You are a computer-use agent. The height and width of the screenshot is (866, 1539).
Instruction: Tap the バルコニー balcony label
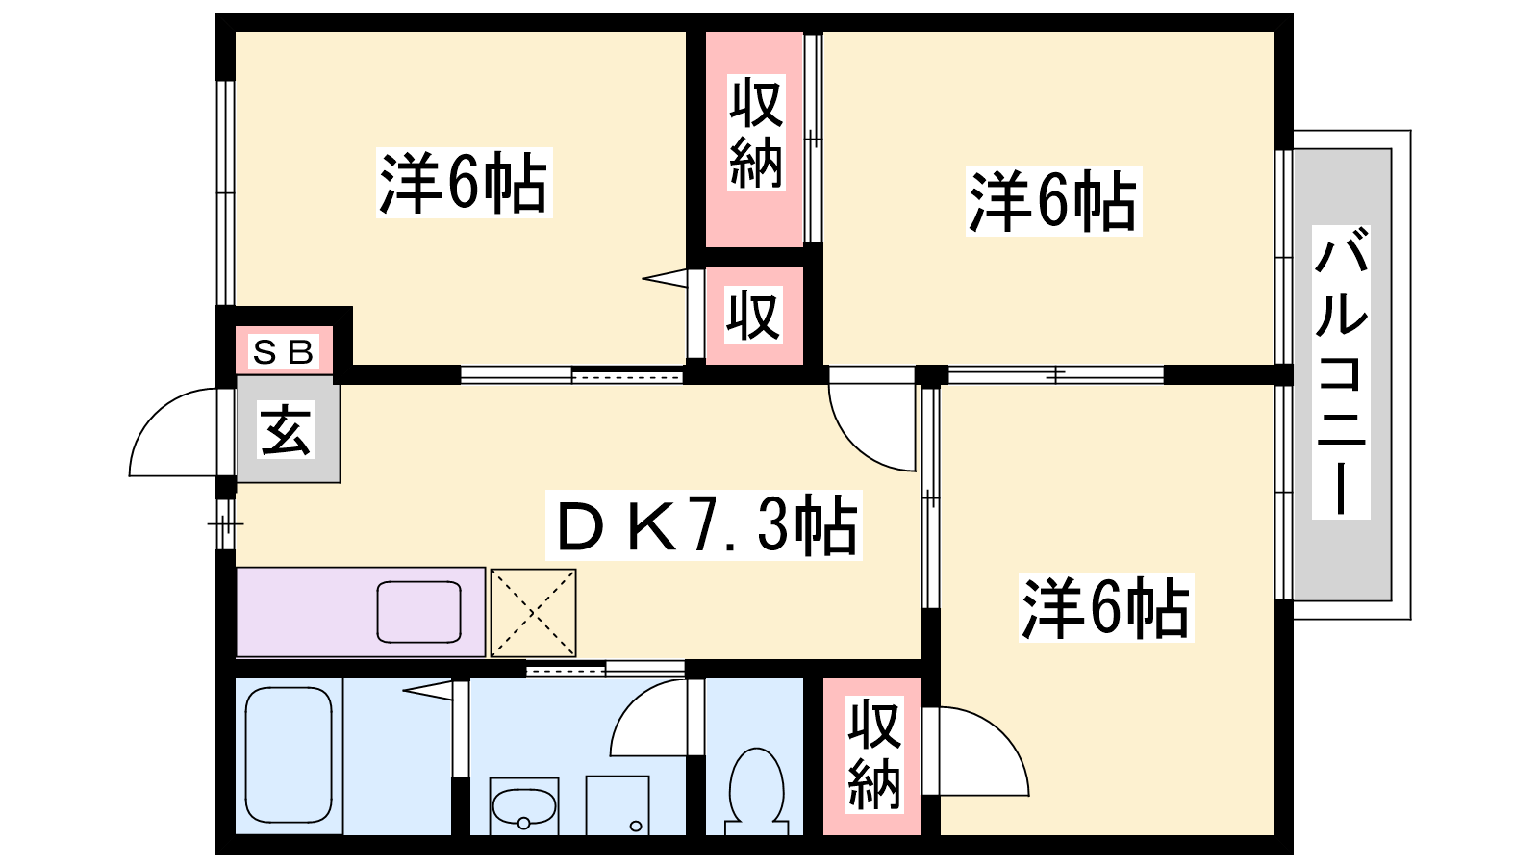click(x=1341, y=371)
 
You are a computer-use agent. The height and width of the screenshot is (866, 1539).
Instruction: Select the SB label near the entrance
click(x=283, y=352)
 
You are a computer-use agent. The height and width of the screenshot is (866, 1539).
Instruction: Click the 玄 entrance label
click(x=286, y=429)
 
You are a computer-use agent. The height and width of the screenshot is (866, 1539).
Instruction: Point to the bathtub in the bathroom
click(x=290, y=754)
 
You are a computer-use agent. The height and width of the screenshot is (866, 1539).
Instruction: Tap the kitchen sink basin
click(x=418, y=612)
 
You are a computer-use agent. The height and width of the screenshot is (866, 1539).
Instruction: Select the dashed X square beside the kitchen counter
click(x=533, y=612)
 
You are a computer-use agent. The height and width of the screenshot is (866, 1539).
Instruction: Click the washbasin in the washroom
click(x=523, y=806)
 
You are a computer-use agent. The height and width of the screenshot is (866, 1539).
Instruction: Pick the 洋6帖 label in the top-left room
click(x=464, y=183)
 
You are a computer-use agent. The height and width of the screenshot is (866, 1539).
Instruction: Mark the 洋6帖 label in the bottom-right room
click(x=1105, y=607)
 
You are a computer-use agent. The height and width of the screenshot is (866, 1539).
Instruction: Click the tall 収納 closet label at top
click(x=756, y=134)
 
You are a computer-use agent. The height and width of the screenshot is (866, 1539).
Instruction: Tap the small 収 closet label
click(x=754, y=315)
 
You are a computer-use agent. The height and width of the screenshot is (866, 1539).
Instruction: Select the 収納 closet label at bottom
click(x=874, y=754)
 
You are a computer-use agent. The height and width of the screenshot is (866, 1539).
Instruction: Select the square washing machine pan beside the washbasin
click(x=618, y=805)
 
